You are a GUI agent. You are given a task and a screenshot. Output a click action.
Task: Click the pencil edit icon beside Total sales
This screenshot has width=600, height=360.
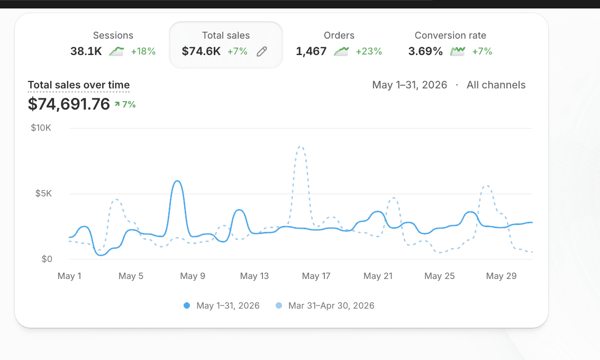pyautogui.click(x=262, y=51)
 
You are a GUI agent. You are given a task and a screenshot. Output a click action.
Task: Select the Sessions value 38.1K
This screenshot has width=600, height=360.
pyautogui.click(x=86, y=51)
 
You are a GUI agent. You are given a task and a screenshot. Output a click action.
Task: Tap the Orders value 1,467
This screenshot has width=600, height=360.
pyautogui.click(x=311, y=51)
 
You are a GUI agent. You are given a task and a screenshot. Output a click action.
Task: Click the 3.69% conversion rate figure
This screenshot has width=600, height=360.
pyautogui.click(x=425, y=51)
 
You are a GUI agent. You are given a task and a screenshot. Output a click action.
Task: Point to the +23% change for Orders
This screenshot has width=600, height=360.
pyautogui.click(x=369, y=51)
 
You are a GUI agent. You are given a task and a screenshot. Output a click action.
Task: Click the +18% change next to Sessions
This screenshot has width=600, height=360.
pyautogui.click(x=143, y=51)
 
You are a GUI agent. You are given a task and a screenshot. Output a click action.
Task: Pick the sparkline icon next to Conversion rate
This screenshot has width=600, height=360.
pyautogui.click(x=458, y=51)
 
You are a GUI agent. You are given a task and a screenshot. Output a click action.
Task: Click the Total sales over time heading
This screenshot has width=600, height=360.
pyautogui.click(x=79, y=85)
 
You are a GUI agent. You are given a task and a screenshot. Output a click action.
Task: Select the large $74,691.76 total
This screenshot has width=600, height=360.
pyautogui.click(x=69, y=104)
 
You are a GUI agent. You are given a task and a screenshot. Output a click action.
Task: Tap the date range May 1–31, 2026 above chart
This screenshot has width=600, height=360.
pyautogui.click(x=410, y=85)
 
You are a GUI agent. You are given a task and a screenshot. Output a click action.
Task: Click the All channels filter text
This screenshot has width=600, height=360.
pyautogui.click(x=496, y=85)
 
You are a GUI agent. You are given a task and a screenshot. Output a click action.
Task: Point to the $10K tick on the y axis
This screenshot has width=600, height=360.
pyautogui.click(x=41, y=128)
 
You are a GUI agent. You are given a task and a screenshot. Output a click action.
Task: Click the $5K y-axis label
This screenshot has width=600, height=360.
pyautogui.click(x=43, y=193)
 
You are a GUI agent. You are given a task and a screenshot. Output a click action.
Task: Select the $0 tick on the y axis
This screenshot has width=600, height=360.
pyautogui.click(x=47, y=259)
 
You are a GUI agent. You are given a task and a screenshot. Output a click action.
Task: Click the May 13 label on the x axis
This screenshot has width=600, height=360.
pyautogui.click(x=254, y=276)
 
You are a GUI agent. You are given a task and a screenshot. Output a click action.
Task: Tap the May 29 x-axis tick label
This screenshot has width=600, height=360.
pyautogui.click(x=501, y=276)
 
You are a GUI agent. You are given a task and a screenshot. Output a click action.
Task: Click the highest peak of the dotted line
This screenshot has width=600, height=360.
pyautogui.click(x=301, y=147)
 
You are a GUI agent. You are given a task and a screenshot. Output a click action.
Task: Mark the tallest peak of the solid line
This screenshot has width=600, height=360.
pyautogui.click(x=177, y=181)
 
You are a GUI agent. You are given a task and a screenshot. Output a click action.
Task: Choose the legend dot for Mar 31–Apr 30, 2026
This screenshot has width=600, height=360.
pyautogui.click(x=279, y=305)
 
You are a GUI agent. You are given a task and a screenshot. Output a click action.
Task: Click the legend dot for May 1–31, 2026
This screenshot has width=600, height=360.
pyautogui.click(x=187, y=305)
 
